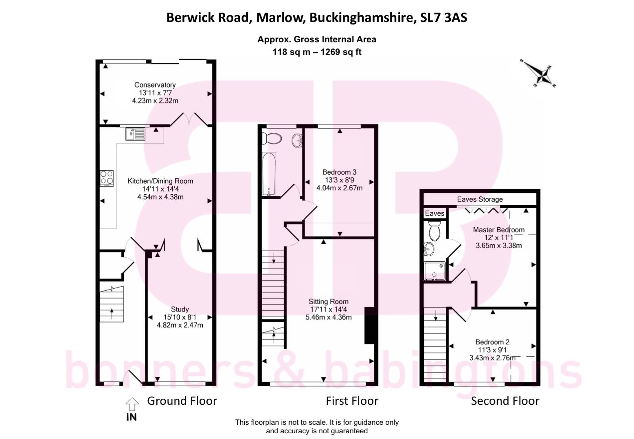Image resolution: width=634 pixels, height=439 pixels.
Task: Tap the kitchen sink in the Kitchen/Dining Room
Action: [x=135, y=134]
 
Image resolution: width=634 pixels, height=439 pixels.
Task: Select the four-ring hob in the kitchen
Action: [x=107, y=178]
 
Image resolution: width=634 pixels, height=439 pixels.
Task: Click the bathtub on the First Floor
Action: [x=269, y=174]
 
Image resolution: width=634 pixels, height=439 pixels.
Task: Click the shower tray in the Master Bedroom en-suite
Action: [x=434, y=271]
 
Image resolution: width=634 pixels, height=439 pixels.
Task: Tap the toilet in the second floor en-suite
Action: [x=434, y=230]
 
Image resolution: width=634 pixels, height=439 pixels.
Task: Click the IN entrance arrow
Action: [x=132, y=404]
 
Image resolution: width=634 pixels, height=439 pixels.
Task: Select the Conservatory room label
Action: [x=155, y=85]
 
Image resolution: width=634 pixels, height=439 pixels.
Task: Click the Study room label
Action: [x=180, y=309]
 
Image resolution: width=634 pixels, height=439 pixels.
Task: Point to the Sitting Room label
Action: [x=328, y=301]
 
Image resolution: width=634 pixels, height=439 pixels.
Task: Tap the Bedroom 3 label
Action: [x=339, y=172]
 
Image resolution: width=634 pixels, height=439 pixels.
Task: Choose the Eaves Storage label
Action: [x=480, y=199]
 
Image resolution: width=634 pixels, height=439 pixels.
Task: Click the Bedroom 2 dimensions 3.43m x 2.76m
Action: [x=492, y=358]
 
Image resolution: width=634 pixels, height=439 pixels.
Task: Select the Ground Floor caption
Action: [x=182, y=401]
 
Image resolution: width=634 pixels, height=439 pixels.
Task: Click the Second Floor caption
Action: [x=505, y=401]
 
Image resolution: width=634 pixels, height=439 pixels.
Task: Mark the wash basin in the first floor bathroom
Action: [x=296, y=140]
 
